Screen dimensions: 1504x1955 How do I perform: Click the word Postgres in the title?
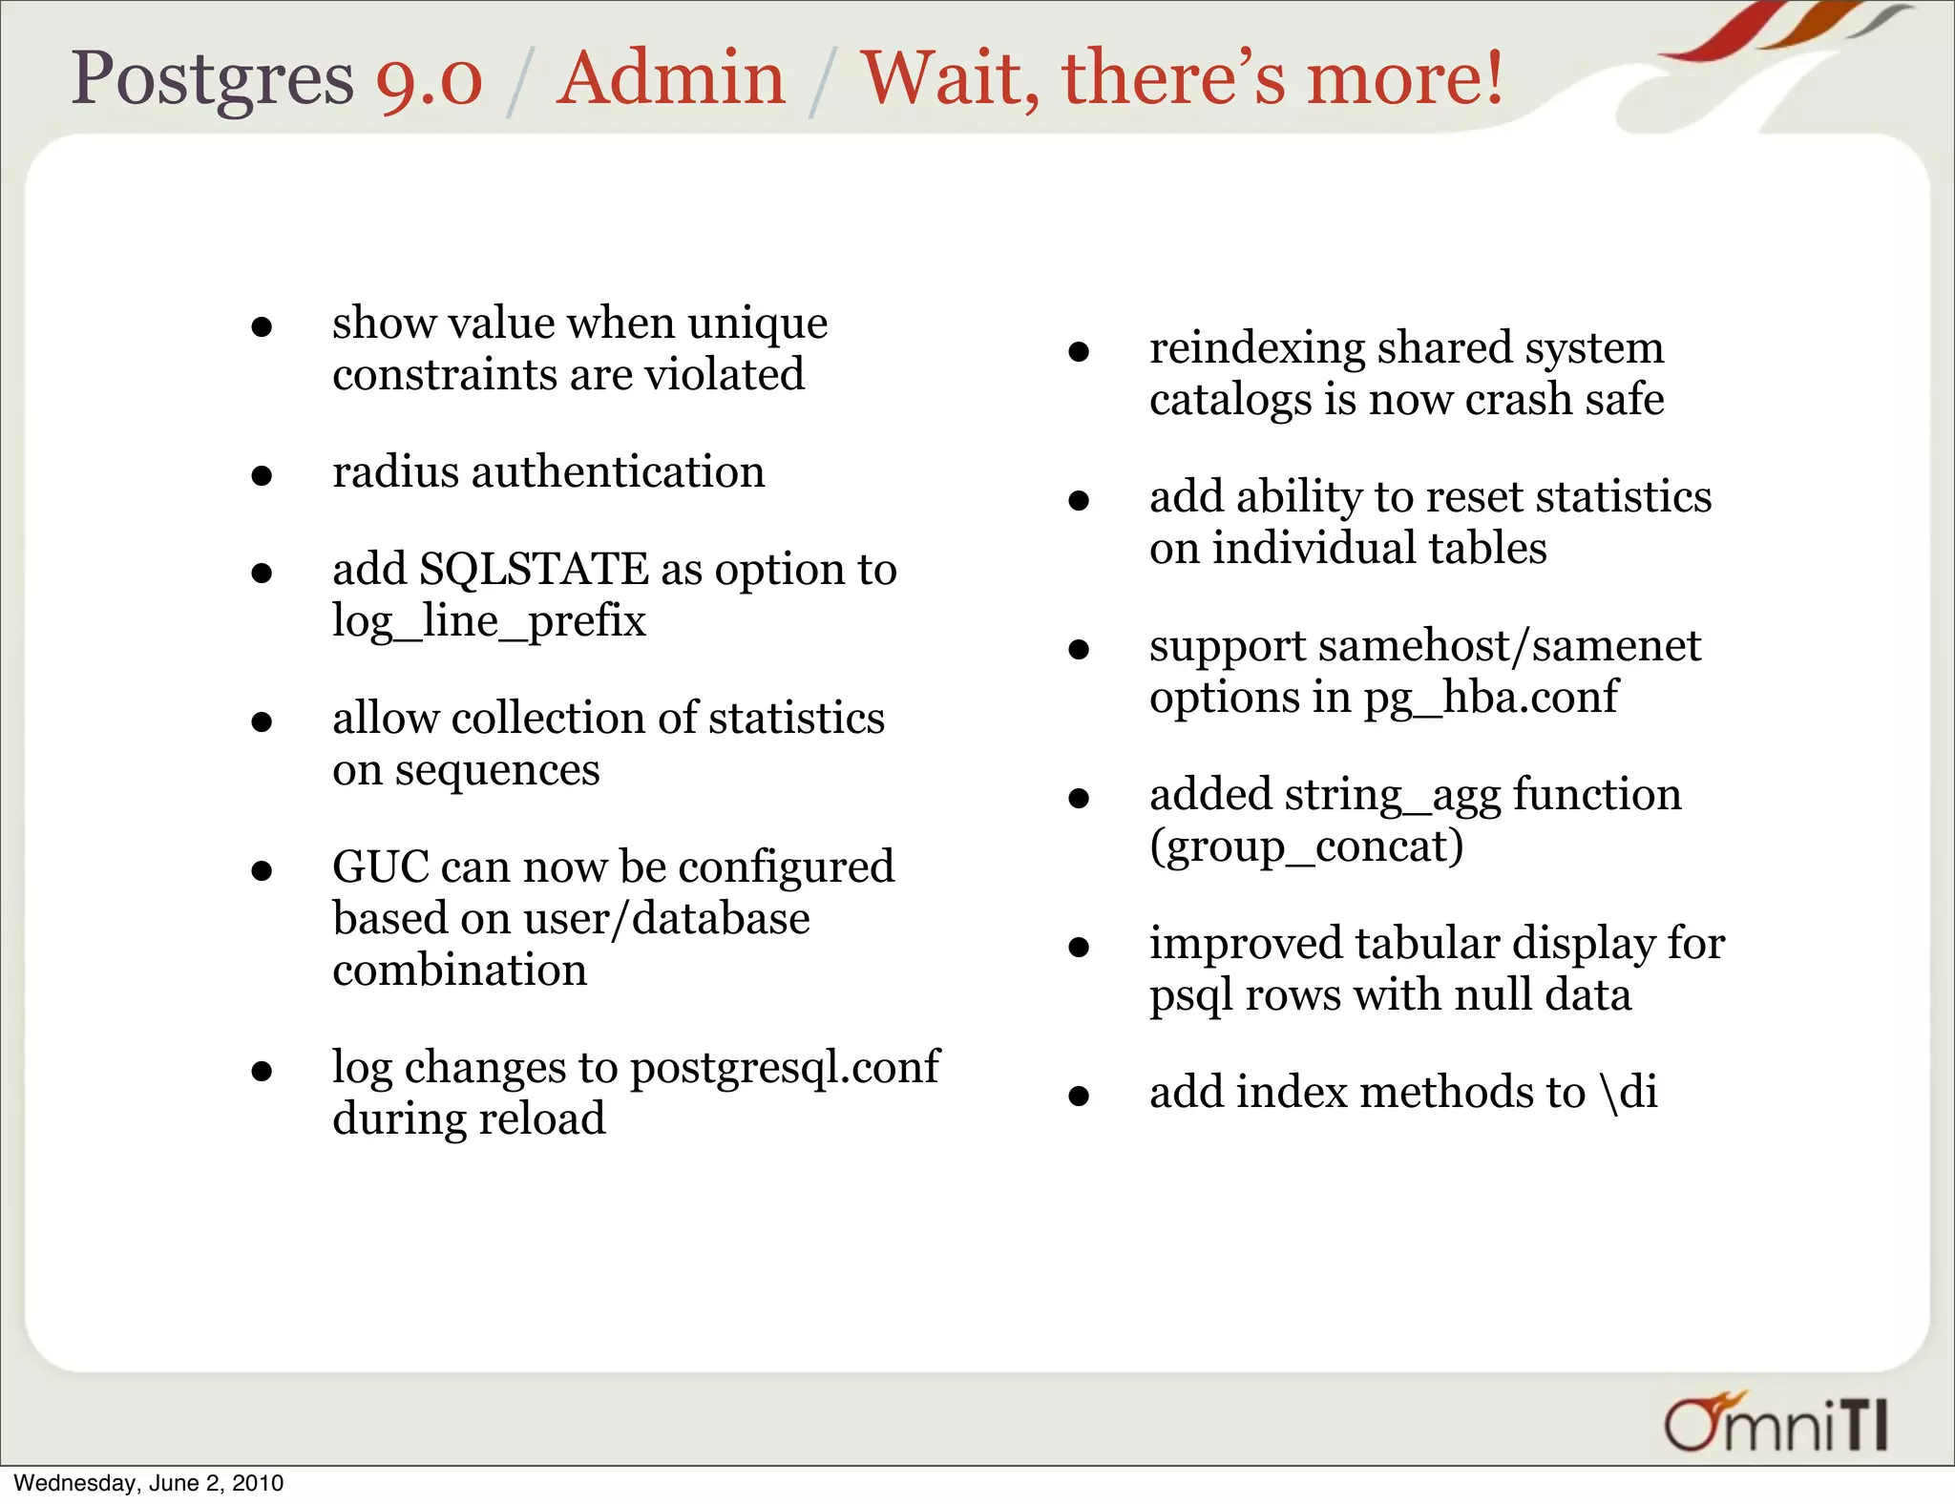tap(212, 78)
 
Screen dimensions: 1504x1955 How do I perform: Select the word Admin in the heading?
tap(670, 78)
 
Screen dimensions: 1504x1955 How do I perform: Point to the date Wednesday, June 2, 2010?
tap(149, 1483)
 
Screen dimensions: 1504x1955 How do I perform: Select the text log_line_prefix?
tap(489, 621)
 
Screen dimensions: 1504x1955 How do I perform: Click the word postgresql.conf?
tap(785, 1068)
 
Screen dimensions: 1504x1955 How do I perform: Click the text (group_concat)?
tap(1306, 846)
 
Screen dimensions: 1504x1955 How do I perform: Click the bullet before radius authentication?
tap(262, 474)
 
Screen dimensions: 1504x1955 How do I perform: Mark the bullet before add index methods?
tap(1079, 1095)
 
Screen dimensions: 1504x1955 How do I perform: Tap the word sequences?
tap(497, 770)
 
